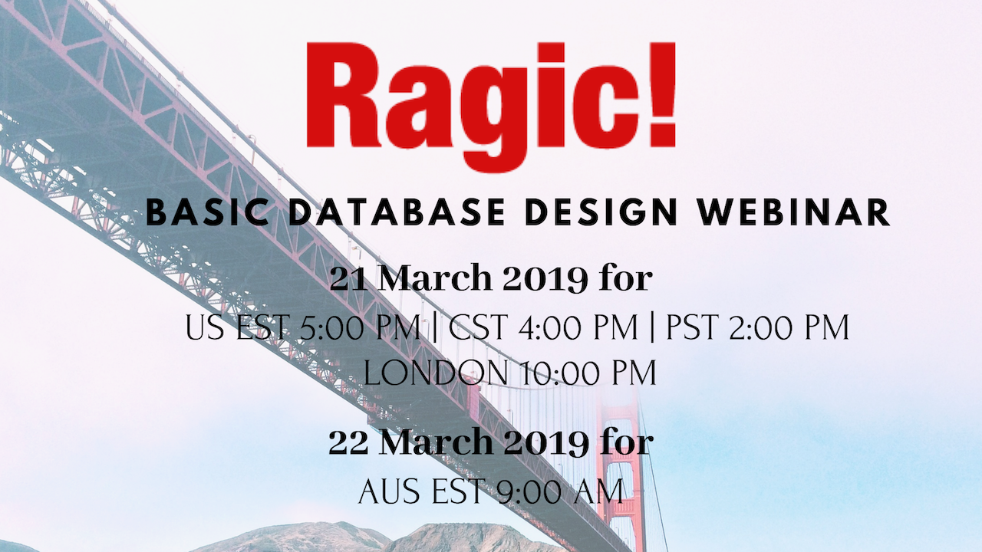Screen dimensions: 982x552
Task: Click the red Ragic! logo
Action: (490, 107)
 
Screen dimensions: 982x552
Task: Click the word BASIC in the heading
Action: (207, 212)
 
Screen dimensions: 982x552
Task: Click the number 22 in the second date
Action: (348, 442)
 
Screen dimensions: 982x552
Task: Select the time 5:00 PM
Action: (358, 327)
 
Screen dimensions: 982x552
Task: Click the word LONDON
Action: (436, 373)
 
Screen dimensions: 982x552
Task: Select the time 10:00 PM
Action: (588, 373)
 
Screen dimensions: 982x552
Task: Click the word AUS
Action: (390, 491)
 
